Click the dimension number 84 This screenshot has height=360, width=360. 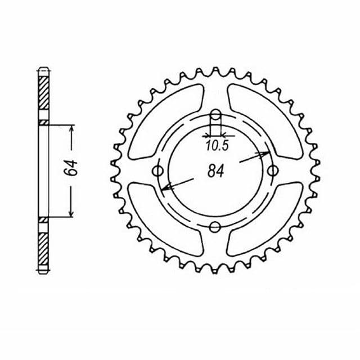tap(215, 171)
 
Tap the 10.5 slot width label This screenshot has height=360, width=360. tap(217, 146)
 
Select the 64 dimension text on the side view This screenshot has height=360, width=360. tap(71, 168)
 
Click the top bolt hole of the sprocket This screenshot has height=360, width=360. tap(215, 115)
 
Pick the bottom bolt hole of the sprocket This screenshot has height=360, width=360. tap(215, 227)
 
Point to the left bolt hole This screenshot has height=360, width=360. tap(157, 171)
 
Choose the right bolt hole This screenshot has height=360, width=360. tap(273, 171)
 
